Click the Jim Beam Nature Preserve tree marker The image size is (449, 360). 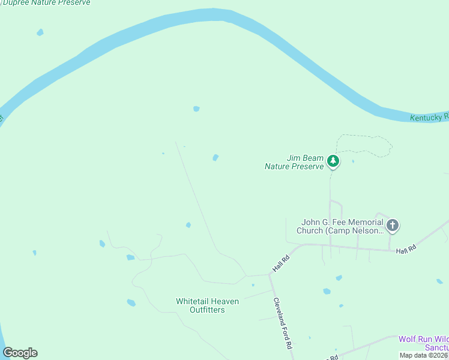pos(333,161)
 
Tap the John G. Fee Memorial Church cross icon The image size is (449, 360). pos(393,226)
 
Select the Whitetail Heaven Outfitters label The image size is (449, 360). pos(207,305)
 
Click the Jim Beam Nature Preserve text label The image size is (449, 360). pos(294,162)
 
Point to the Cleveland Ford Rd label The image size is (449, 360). pos(282,323)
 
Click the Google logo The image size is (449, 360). pos(20,353)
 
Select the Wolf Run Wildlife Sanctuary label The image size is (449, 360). pos(424,343)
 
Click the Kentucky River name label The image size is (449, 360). pos(429,117)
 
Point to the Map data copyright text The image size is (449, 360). pos(424,355)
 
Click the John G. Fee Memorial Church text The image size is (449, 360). pos(340,226)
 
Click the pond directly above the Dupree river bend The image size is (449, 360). pos(196,109)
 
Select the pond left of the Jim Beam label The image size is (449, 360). pos(215,158)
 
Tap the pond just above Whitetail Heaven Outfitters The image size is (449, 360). pos(131,302)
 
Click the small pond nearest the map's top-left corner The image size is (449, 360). pos(40,32)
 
